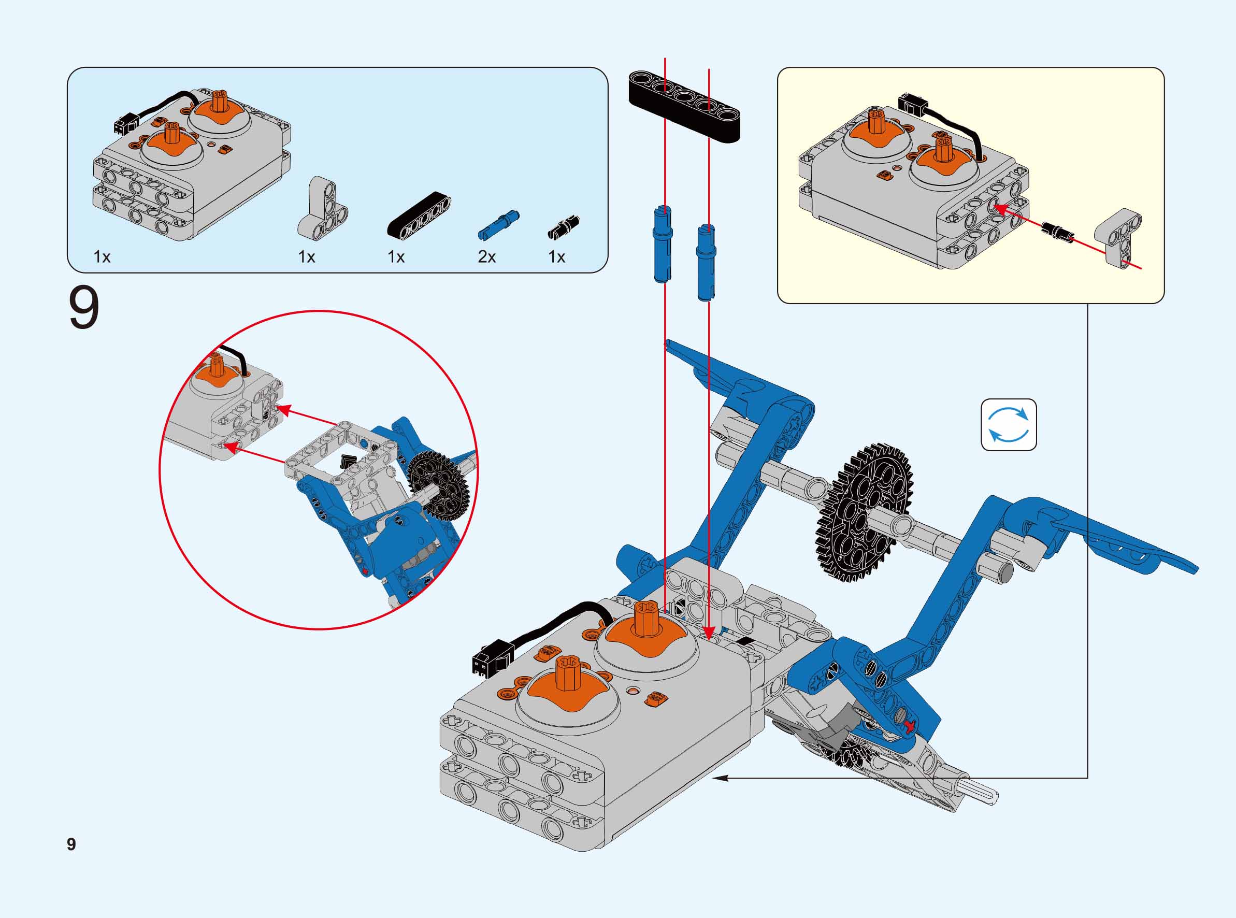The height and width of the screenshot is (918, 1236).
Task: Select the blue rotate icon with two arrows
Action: [x=1008, y=424]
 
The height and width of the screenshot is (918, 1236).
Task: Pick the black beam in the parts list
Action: [x=419, y=216]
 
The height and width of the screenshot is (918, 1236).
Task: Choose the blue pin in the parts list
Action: [x=498, y=225]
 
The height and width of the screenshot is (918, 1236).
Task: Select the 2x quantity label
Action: [x=486, y=257]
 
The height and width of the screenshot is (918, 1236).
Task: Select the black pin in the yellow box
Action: [x=1057, y=231]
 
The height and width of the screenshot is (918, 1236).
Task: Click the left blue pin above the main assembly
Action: [x=662, y=244]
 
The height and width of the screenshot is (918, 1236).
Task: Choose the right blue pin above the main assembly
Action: [x=705, y=262]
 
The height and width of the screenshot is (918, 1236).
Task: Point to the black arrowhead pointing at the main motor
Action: [x=720, y=779]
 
